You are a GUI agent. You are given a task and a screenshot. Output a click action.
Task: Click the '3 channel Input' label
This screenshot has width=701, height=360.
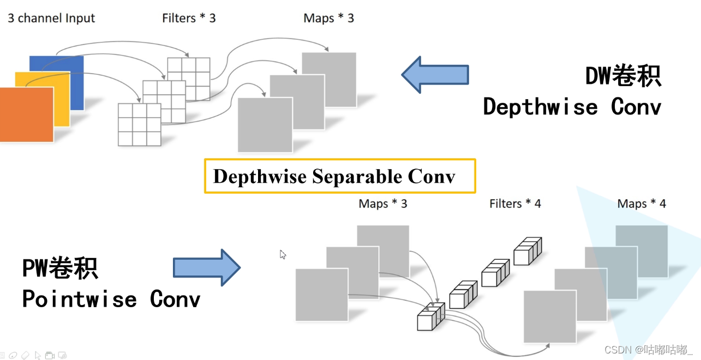(51, 18)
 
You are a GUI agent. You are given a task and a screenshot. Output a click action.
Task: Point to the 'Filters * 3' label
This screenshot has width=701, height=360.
(189, 18)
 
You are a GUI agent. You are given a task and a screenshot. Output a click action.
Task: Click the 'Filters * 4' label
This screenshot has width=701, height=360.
(515, 203)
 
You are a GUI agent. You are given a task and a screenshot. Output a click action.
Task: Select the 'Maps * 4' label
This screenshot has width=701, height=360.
(642, 203)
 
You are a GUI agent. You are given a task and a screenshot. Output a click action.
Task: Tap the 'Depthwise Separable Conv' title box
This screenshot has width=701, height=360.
(339, 176)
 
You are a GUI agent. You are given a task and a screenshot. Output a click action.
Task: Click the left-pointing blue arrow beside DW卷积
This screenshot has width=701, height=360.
(435, 75)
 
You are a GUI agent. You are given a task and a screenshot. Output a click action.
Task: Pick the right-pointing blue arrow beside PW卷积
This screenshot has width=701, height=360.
(207, 267)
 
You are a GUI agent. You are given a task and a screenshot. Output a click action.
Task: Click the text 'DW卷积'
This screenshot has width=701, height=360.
(623, 76)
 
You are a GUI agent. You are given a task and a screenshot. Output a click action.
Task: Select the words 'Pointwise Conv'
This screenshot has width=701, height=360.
(111, 299)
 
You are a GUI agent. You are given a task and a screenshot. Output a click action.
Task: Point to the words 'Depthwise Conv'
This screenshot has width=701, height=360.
(572, 106)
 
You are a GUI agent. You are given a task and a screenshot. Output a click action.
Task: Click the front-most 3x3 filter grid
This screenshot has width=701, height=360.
(140, 124)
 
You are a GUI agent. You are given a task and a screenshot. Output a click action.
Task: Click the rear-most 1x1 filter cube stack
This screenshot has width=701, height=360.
(528, 251)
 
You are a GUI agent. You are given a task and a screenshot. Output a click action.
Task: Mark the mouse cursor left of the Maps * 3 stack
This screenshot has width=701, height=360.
(283, 254)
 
